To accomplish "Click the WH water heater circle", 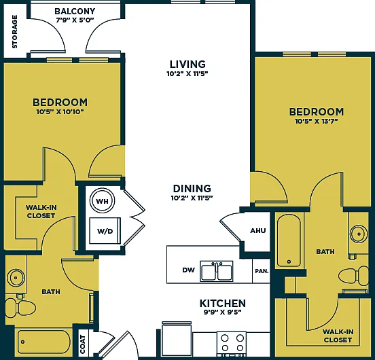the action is tap(102, 201).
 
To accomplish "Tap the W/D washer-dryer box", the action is tap(105, 231).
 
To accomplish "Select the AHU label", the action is tap(258, 231).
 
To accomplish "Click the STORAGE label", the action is tap(15, 31).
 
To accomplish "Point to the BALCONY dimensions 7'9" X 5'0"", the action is tap(75, 20).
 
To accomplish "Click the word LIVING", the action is tap(187, 65).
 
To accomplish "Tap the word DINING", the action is tap(192, 189).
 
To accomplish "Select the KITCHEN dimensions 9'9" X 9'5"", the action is tap(223, 312).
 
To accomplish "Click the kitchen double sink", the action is tap(217, 271).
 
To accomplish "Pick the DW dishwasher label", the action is tap(188, 270).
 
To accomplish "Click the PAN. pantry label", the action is tap(262, 271).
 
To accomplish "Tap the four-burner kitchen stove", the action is tap(232, 343).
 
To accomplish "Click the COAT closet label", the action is tap(83, 344).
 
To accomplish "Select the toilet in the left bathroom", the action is tap(20, 308).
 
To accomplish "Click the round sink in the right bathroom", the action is tap(359, 234).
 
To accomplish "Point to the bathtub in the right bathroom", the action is tap(289, 240).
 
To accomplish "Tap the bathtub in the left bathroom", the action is tap(43, 342).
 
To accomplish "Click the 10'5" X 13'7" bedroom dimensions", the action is tap(316, 122).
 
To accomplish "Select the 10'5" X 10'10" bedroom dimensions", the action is tap(60, 111).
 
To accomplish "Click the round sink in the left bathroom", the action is tap(16, 278).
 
